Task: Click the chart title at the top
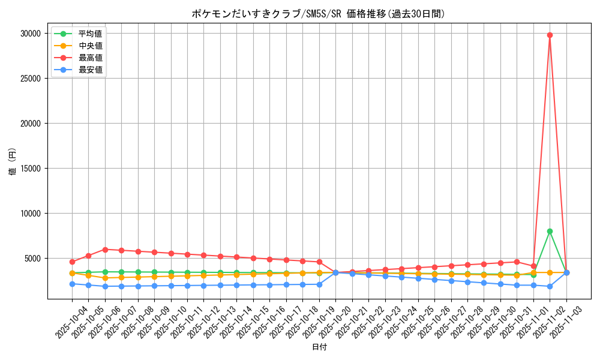click(318, 14)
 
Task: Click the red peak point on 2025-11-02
click(550, 35)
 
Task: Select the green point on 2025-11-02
click(550, 231)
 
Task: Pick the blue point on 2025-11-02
click(550, 286)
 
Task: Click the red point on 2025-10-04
click(72, 262)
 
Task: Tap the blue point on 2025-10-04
click(72, 284)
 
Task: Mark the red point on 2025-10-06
click(105, 250)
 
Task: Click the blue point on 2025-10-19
click(319, 284)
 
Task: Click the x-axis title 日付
click(319, 347)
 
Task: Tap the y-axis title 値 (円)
click(12, 162)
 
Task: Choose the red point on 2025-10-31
click(517, 262)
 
